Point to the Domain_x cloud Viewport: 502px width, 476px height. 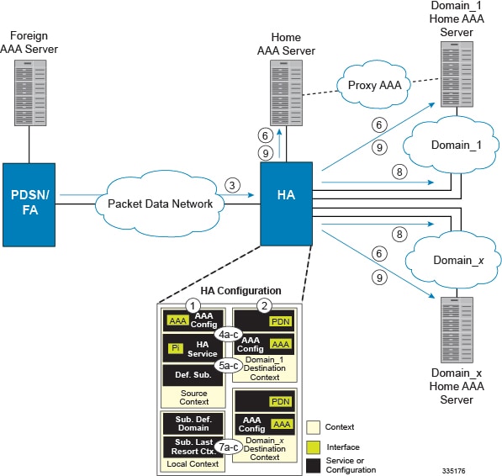coord(447,260)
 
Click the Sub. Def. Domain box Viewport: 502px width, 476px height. coord(194,422)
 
